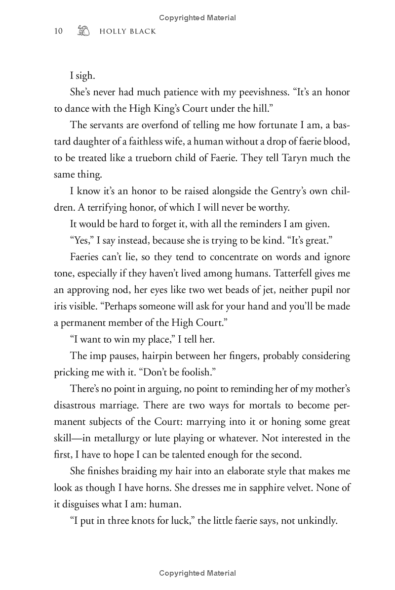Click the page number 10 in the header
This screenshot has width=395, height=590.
(x=58, y=31)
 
